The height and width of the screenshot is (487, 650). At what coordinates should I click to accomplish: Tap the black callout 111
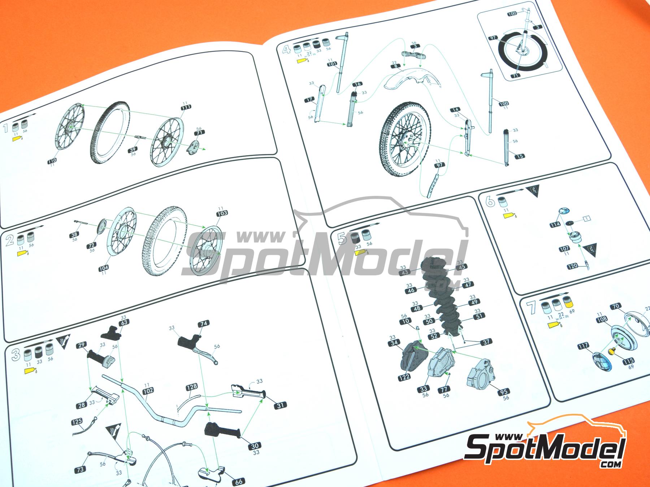point(186,107)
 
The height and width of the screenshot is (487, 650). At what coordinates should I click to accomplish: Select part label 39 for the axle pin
point(133,150)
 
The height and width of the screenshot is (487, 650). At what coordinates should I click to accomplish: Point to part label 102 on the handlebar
point(148,390)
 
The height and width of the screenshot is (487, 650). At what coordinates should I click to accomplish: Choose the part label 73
point(80,469)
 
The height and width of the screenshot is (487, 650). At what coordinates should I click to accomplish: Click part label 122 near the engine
point(405,377)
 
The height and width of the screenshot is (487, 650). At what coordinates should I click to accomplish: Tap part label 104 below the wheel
point(103,268)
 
